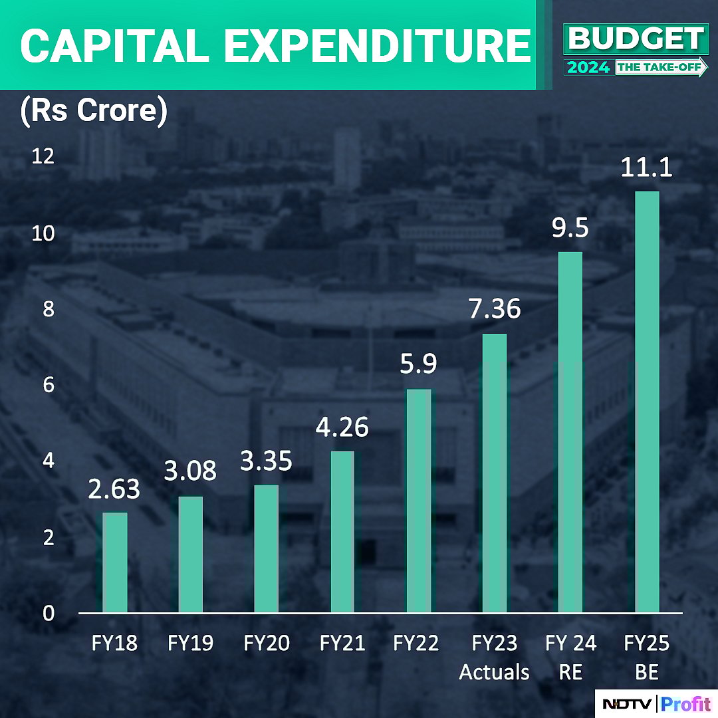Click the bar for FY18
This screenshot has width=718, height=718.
pos(114,562)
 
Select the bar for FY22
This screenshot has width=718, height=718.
pos(419,500)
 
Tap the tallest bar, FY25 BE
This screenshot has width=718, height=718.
pos(647,402)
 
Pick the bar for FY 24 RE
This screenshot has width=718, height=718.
pos(570,432)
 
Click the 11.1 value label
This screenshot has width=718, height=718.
pos(646,167)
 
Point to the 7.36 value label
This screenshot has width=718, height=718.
pos(495,309)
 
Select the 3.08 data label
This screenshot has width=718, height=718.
pos(191,471)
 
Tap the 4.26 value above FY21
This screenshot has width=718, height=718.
pos(342,427)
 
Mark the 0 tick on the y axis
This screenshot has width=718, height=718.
pos(48,613)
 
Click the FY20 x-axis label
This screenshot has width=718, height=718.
pos(267,644)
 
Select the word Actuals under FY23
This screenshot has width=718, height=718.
pos(494,672)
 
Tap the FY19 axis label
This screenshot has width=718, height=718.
pos(191,644)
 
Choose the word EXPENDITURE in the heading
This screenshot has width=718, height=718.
pos(376,45)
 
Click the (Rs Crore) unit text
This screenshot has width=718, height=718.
pos(93,110)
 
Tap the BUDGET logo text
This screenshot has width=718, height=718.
pos(636,40)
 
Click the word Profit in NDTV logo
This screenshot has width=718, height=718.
pos(686,704)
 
